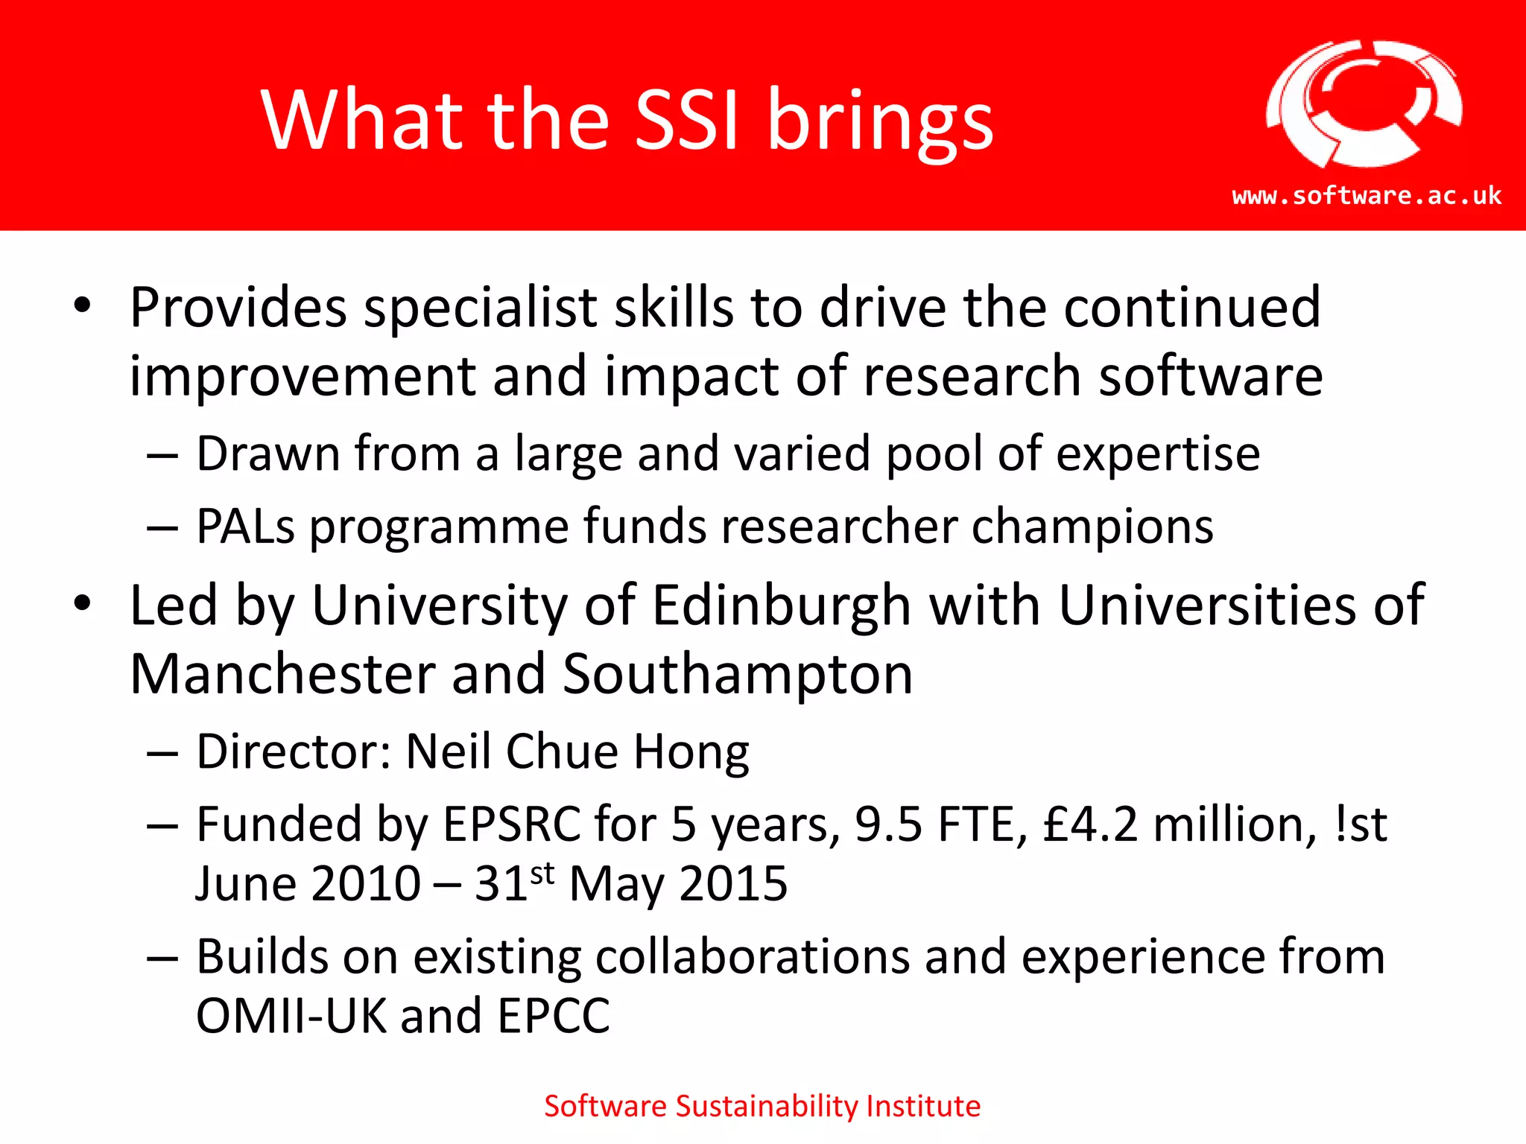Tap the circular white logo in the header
coord(1364,104)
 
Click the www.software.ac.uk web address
coord(1367,196)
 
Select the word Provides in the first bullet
coord(238,307)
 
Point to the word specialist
coord(481,307)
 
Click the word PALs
coord(246,527)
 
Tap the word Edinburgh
coord(782,606)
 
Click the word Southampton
coord(738,674)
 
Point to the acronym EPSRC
coord(512,824)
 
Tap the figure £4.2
coord(1091,824)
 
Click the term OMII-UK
coord(291,1015)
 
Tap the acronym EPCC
coord(554,1015)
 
